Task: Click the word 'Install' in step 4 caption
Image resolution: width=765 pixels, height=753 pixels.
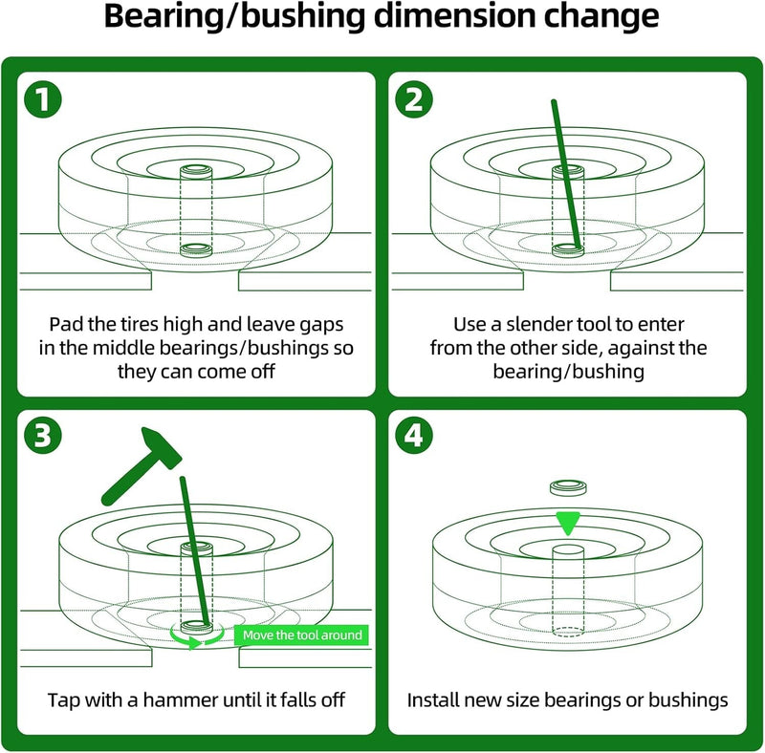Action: pyautogui.click(x=434, y=700)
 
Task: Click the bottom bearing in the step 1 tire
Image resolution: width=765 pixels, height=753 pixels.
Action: pyautogui.click(x=197, y=250)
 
